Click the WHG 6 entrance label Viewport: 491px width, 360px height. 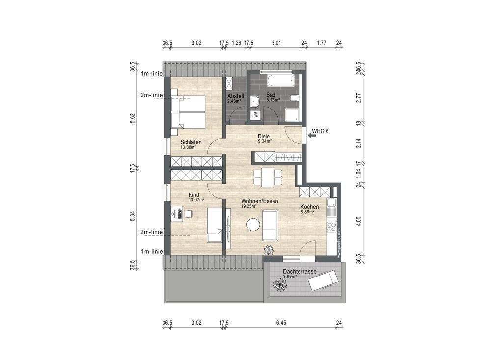click(x=320, y=132)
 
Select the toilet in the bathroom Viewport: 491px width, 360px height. click(x=294, y=100)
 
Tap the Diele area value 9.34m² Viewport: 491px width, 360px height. click(x=265, y=141)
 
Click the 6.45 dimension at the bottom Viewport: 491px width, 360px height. click(x=281, y=323)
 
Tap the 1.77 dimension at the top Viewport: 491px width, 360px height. click(x=322, y=43)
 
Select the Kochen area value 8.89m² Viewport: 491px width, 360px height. click(x=309, y=213)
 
